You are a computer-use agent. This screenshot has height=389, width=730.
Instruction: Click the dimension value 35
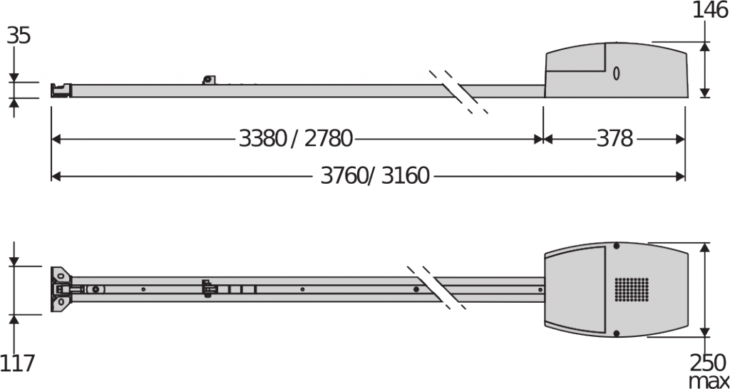coord(19,36)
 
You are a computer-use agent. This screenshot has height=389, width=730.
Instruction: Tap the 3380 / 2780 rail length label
coord(296,138)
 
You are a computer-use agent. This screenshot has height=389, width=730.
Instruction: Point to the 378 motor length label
coord(614,138)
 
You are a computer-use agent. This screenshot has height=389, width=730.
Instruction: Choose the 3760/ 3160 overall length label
coord(375,175)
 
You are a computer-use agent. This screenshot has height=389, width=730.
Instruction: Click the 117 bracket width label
coord(17,364)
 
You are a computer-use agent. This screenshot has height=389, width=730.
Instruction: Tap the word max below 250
coord(708,380)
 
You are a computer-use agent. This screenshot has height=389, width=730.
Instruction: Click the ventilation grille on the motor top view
coord(632,289)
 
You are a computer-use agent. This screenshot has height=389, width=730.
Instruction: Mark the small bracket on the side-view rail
coord(208,79)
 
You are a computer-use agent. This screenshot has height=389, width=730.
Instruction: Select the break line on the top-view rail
coord(436,288)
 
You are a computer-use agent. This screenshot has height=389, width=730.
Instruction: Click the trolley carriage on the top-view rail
coord(208,289)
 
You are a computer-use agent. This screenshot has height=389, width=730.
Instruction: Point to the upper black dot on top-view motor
coord(617,247)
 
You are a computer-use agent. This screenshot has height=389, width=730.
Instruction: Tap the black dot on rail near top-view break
coord(416,289)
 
